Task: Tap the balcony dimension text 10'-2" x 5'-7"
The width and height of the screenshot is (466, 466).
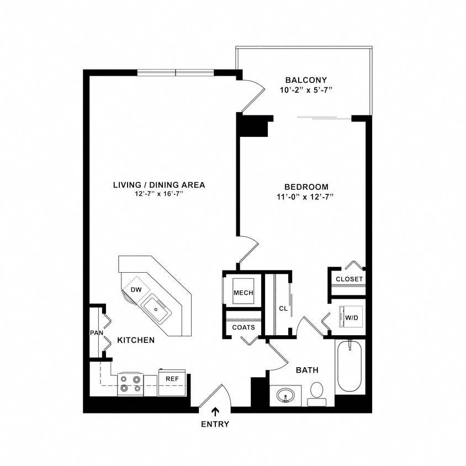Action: coord(306,89)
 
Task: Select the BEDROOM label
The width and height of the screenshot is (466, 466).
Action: coord(306,187)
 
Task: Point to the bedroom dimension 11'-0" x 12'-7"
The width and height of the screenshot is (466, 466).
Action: coord(306,197)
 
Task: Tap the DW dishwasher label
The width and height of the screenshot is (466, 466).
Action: coord(136,290)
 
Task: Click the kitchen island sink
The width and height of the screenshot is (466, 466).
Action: coord(156,308)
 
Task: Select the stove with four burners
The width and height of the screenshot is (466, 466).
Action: coord(130,384)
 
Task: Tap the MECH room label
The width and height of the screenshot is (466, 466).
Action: coord(243,293)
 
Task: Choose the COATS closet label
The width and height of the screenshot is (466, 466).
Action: coord(243,327)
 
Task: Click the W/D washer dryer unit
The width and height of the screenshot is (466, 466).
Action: coord(351,317)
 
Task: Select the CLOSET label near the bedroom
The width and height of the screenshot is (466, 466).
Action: coord(349,279)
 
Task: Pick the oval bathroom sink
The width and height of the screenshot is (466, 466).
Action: coord(285,395)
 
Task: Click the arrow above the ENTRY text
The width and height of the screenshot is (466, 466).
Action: coord(215,411)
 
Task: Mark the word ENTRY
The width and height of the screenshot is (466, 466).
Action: coord(215,424)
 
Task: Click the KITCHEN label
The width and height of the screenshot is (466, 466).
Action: coord(136,340)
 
